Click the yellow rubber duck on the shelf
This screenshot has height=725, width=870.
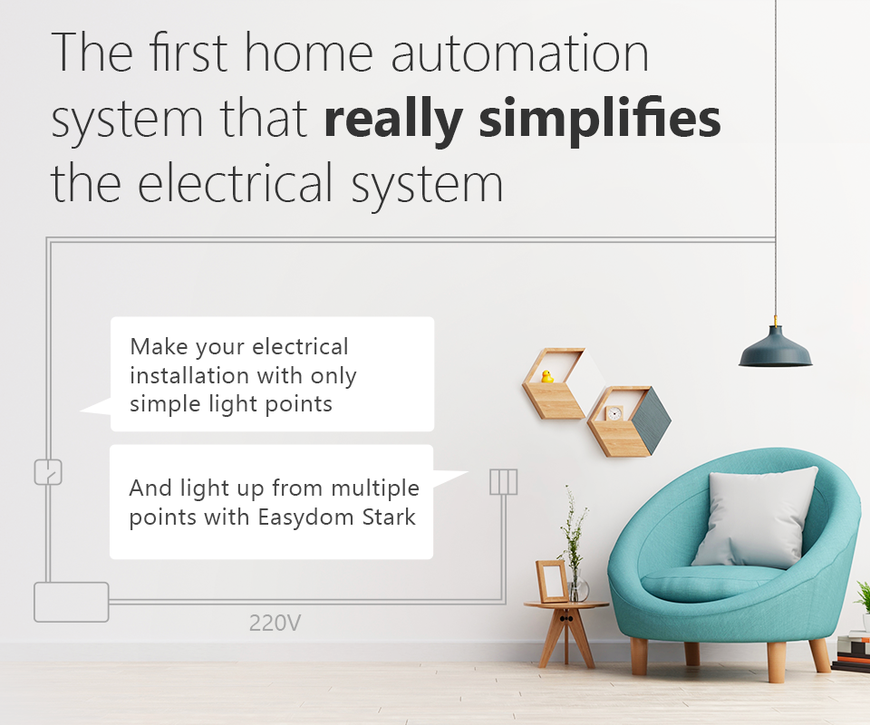[x=547, y=377]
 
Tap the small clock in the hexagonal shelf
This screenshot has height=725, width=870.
[x=614, y=413]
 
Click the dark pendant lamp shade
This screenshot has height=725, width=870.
[x=775, y=347]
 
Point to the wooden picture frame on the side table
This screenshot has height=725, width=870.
[x=552, y=581]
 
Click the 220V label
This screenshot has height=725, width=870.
[x=275, y=623]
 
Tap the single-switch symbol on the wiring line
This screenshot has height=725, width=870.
[x=48, y=472]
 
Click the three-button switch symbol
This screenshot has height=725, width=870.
[x=503, y=481]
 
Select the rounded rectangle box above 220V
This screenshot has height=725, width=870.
[x=71, y=602]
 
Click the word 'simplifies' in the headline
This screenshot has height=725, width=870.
[x=600, y=119]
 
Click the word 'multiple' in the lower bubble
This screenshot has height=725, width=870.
[x=375, y=489]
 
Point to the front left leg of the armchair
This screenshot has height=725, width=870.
[x=639, y=655]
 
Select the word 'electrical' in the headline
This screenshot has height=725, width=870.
[x=235, y=182]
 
